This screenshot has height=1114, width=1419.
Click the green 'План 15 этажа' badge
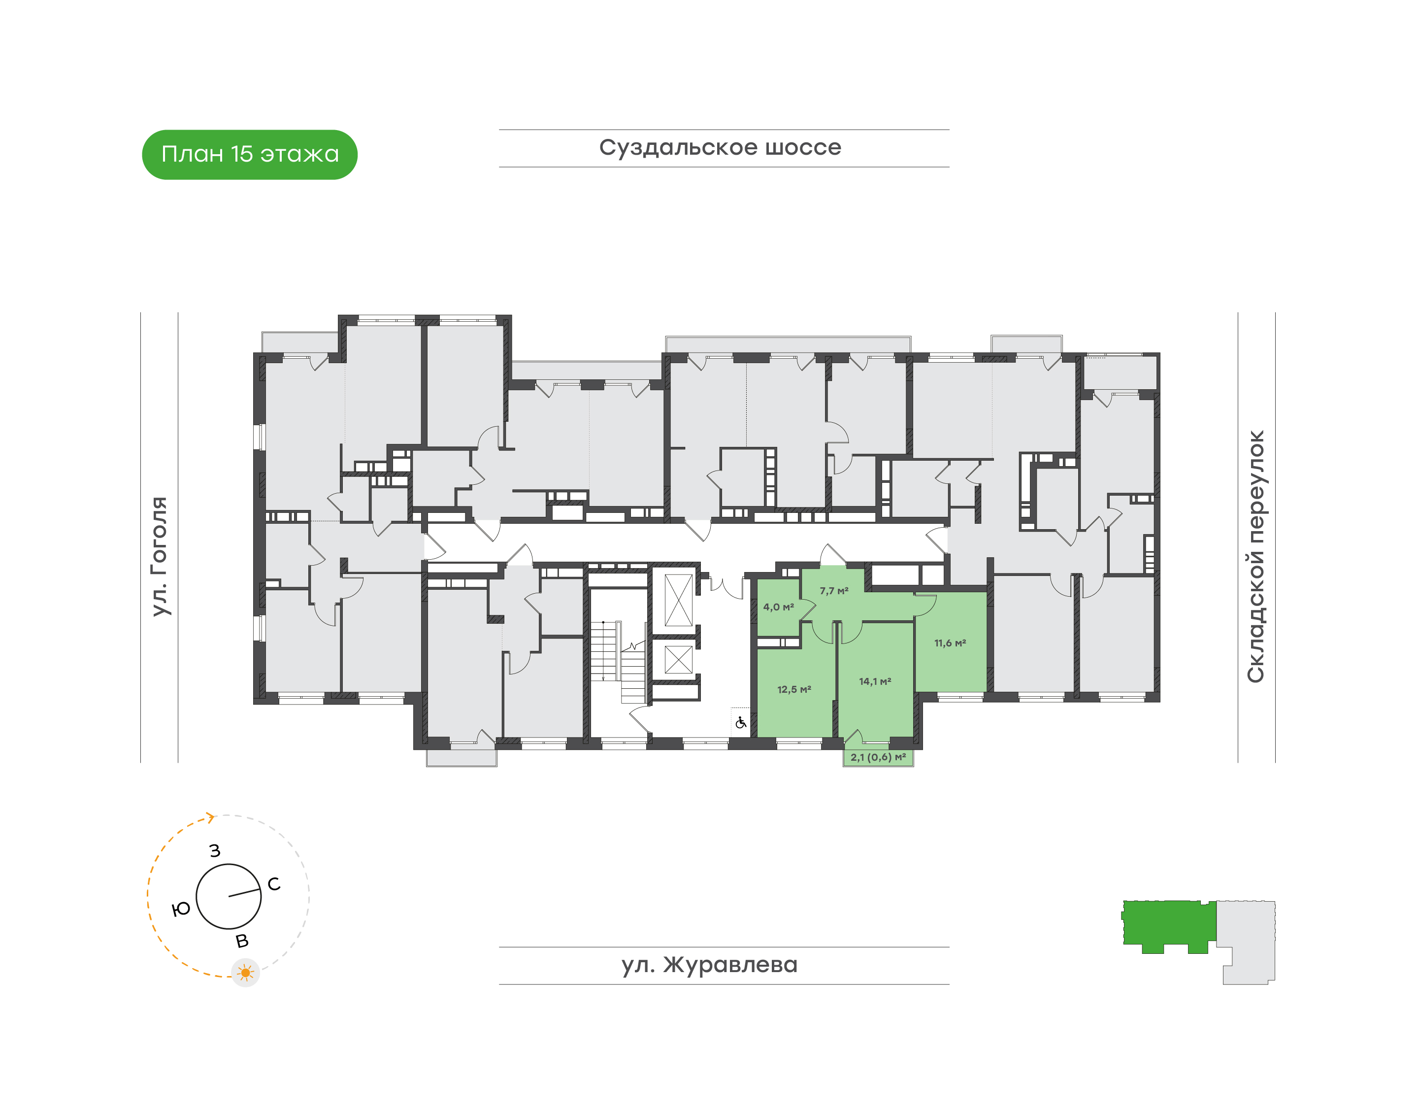pyautogui.click(x=250, y=155)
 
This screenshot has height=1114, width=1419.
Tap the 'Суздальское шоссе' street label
pyautogui.click(x=720, y=147)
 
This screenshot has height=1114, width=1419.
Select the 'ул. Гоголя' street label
pyautogui.click(x=159, y=556)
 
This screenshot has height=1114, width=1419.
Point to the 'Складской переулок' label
pyautogui.click(x=1255, y=556)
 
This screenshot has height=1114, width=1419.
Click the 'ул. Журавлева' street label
pyautogui.click(x=709, y=965)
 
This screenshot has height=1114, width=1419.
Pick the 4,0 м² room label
pyautogui.click(x=779, y=607)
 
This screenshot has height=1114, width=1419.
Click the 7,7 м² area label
pyautogui.click(x=834, y=591)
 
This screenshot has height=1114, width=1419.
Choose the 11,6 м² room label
pyautogui.click(x=950, y=643)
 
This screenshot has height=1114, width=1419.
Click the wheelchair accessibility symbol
pyautogui.click(x=741, y=723)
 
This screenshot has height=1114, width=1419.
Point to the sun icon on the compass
pyautogui.click(x=246, y=973)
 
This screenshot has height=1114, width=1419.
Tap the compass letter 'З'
pyautogui.click(x=215, y=850)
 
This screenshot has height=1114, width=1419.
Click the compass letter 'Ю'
pyautogui.click(x=181, y=909)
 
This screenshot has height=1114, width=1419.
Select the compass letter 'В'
pyautogui.click(x=242, y=941)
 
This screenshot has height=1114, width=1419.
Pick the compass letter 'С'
pyautogui.click(x=274, y=884)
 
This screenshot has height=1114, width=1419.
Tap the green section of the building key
pyautogui.click(x=1169, y=925)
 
